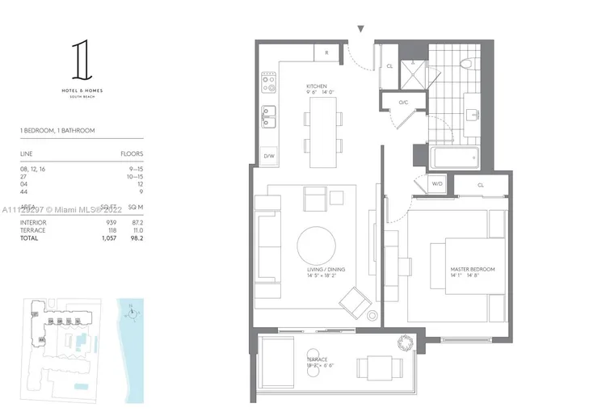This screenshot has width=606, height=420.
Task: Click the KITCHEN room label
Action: coord(317,86)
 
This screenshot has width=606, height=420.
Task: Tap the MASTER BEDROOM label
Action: coord(472,268)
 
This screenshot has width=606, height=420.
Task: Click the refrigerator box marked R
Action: coord(326,52)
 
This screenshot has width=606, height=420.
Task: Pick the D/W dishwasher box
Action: coord(269,156)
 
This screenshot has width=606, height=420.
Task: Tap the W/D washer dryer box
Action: coord(437,184)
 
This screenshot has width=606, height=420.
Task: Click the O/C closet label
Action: coord(404,103)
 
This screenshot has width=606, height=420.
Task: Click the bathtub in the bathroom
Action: coord(453,156)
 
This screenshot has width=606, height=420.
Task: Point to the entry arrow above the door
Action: coord(360,29)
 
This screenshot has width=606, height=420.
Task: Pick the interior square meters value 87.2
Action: coord(137,222)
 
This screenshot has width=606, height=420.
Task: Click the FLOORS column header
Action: coord(132,153)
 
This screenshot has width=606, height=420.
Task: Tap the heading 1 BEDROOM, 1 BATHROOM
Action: coord(58,130)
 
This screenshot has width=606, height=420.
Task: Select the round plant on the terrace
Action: coord(405,344)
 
